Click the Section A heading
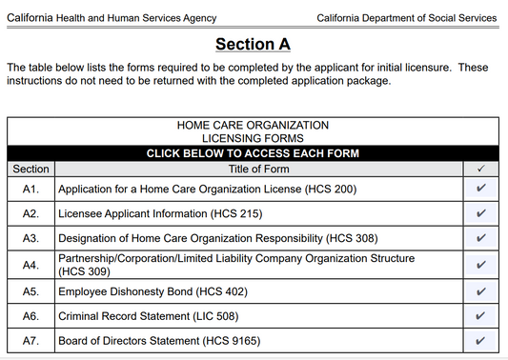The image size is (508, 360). click(253, 44)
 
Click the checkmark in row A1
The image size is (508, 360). click(480, 189)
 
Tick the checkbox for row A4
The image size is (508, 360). click(480, 265)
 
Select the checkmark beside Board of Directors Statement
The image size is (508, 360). click(480, 341)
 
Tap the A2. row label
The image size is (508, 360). click(31, 214)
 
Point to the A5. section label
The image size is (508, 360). click(31, 290)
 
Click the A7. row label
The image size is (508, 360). click(31, 341)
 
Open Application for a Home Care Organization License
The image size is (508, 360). click(207, 189)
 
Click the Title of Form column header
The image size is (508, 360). click(258, 169)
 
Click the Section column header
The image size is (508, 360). click(31, 169)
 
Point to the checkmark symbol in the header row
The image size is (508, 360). click(480, 169)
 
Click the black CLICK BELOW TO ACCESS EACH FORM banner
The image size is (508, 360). click(253, 153)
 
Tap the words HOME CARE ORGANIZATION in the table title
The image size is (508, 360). click(253, 125)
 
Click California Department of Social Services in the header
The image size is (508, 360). click(407, 18)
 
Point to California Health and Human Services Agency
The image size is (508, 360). click(112, 18)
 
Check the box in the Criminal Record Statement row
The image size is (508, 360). click(480, 316)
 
